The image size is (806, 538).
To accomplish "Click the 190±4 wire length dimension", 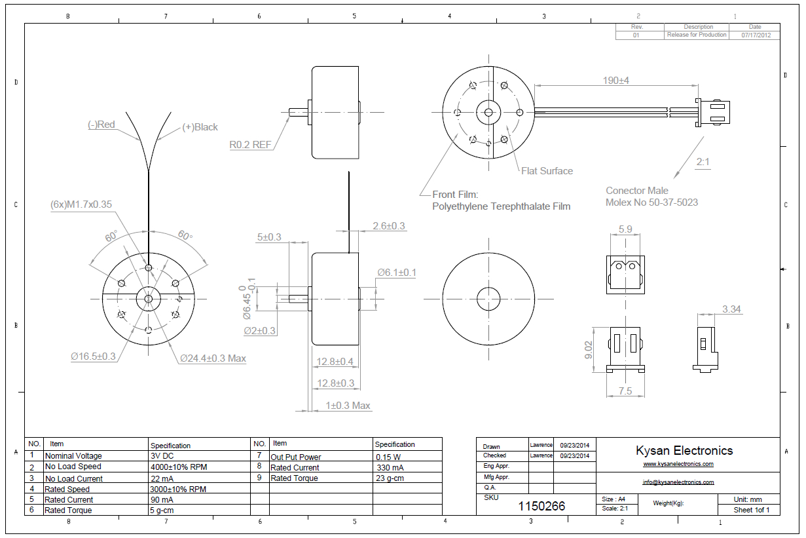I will [615, 81].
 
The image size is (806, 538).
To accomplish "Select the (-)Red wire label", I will [101, 125].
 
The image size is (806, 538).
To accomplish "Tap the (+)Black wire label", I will [200, 127].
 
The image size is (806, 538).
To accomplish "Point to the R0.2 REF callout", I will [250, 145].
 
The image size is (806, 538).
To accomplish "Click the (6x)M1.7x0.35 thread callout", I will [81, 204].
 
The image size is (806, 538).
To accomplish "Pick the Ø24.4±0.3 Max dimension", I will [213, 358].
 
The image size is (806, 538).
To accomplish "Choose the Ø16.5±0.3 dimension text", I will [94, 356].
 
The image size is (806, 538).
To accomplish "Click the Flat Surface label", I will [547, 171].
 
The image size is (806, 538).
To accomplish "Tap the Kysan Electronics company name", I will [684, 451].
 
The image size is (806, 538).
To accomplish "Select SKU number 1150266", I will [541, 506].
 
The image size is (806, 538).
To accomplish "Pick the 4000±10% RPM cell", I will [178, 467].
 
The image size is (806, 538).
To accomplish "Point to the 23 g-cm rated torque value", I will [390, 478].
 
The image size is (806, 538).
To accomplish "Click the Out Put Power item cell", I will [296, 457].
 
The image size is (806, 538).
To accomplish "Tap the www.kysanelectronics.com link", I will [678, 465].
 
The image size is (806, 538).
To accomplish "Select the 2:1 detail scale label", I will [703, 161].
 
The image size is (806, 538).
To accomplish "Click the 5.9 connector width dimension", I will [625, 229].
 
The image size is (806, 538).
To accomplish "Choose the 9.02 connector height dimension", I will [589, 350].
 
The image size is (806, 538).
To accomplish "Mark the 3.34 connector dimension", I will [731, 309].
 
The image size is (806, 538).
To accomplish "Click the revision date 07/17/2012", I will [756, 35].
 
